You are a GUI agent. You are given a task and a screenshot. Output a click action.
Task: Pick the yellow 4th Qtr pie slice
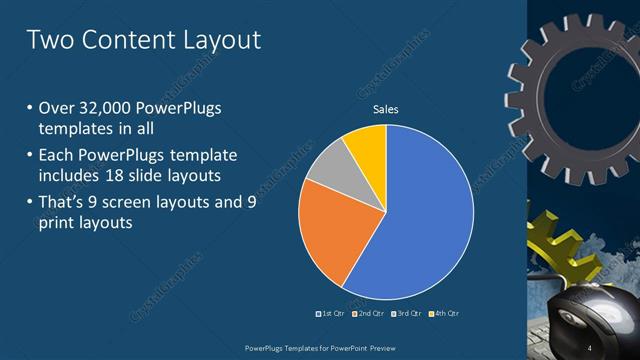[x=366, y=146]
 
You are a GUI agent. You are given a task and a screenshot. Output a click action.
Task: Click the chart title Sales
[x=386, y=109]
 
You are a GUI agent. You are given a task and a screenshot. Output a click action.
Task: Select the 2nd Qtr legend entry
[x=370, y=314]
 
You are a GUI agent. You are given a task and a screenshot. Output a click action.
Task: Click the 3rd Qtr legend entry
[x=407, y=314]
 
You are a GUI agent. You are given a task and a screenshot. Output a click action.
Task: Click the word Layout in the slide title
[x=213, y=40]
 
